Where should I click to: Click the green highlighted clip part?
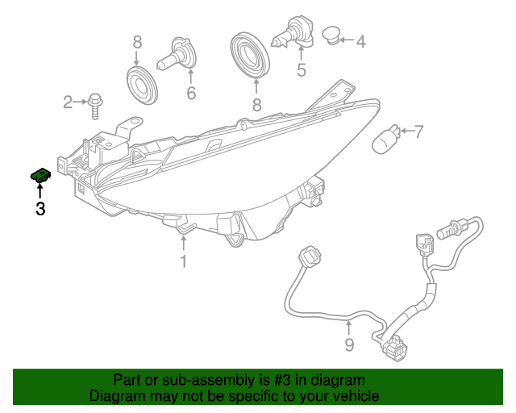tap(40, 174)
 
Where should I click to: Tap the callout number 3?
tap(40, 209)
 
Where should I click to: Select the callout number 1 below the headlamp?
tap(184, 261)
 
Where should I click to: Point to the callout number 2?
tap(68, 102)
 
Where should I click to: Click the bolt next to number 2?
tap(94, 102)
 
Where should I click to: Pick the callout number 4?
tap(360, 40)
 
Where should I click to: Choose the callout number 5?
tap(302, 70)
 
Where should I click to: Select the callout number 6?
tap(191, 94)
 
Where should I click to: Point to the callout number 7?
tap(418, 131)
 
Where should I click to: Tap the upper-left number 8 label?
tap(136, 42)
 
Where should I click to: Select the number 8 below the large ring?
tap(256, 105)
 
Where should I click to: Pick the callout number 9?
tap(349, 346)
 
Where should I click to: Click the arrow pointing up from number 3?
tap(40, 190)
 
